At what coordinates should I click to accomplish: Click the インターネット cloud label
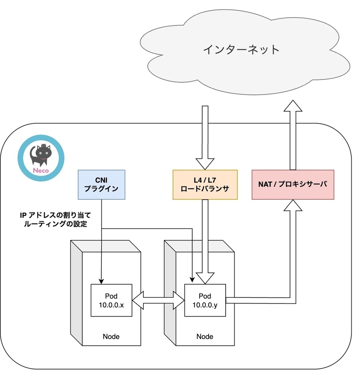[x=241, y=49]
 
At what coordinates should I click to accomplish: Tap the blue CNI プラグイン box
[x=101, y=184]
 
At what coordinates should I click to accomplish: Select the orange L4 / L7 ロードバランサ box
[x=205, y=184]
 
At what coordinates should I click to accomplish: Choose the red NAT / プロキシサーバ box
[x=293, y=184]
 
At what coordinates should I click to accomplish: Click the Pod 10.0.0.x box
[x=111, y=300]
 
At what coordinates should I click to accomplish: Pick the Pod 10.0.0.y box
[x=205, y=300]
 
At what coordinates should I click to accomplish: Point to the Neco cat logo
[x=41, y=158]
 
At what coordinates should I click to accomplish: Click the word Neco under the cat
[x=41, y=171]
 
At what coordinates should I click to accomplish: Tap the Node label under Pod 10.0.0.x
[x=111, y=336]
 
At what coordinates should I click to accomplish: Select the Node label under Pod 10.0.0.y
[x=205, y=336]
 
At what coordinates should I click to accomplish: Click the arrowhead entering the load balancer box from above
[x=205, y=163]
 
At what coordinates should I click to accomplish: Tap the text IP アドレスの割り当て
[x=55, y=215]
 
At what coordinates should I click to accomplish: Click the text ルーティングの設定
[x=55, y=224]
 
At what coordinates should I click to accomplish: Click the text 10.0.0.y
[x=205, y=305]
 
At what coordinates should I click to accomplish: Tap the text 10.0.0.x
[x=111, y=305]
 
